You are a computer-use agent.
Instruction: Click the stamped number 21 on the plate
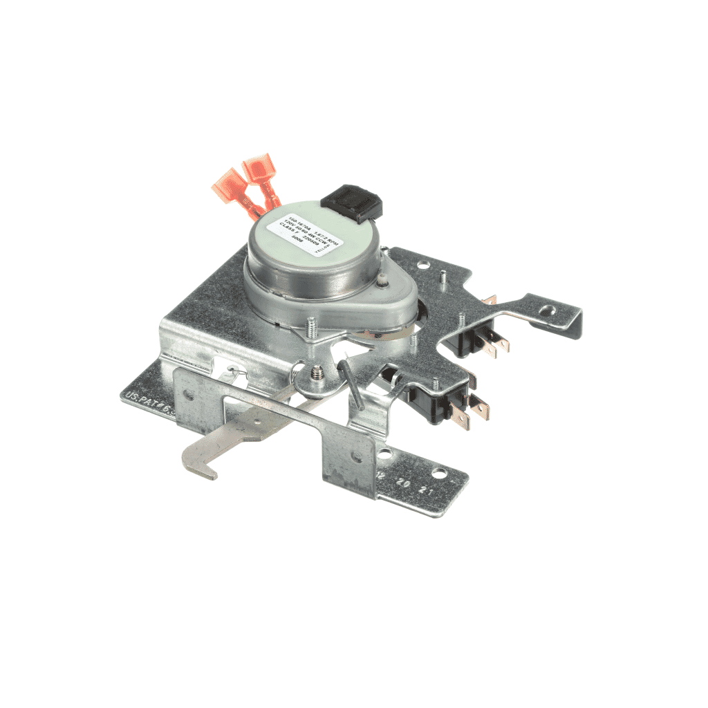423,490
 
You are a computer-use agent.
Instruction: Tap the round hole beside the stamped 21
439,474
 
